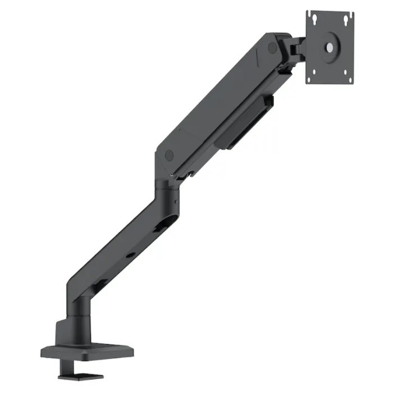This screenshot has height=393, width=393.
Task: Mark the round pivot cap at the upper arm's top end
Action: pyautogui.click(x=273, y=47)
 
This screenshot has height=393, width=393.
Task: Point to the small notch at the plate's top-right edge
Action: pyautogui.click(x=350, y=13)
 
